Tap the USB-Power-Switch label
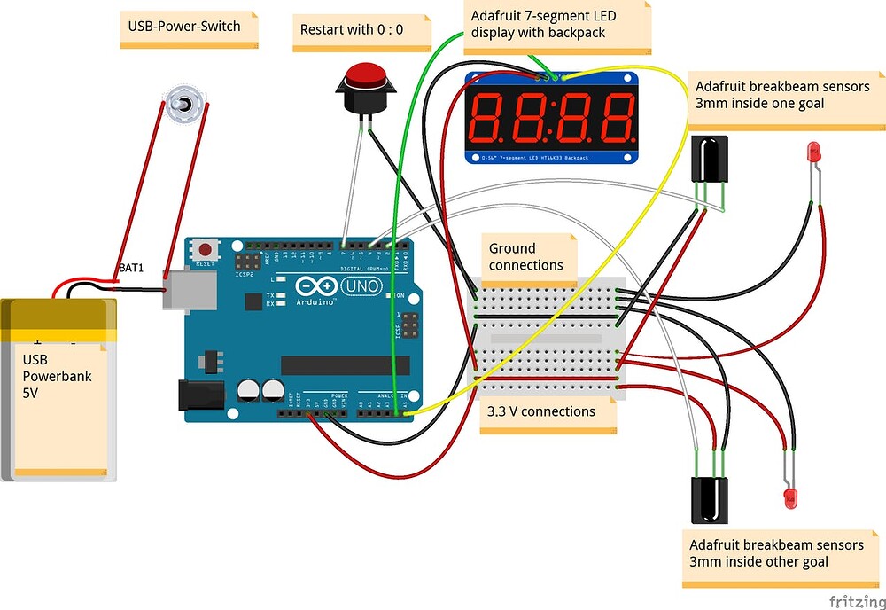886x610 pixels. tap(184, 27)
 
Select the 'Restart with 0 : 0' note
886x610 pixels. tap(351, 29)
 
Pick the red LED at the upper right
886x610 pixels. tap(813, 152)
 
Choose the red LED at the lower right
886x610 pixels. tap(789, 497)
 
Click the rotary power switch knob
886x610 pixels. tap(185, 105)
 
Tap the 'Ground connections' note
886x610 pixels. tap(525, 257)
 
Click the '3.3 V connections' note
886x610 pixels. tap(541, 411)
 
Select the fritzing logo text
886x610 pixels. tap(853, 600)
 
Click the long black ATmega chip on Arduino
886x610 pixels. tap(345, 365)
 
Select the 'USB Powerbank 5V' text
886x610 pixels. tap(57, 377)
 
